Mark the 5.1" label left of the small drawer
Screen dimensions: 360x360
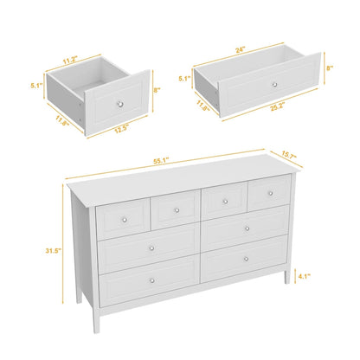(x=35, y=86)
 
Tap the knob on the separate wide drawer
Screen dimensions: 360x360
(x=273, y=85)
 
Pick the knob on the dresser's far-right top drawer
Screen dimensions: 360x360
(x=267, y=191)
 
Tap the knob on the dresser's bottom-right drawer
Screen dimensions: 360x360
(x=246, y=258)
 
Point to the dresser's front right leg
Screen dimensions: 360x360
(x=286, y=279)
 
